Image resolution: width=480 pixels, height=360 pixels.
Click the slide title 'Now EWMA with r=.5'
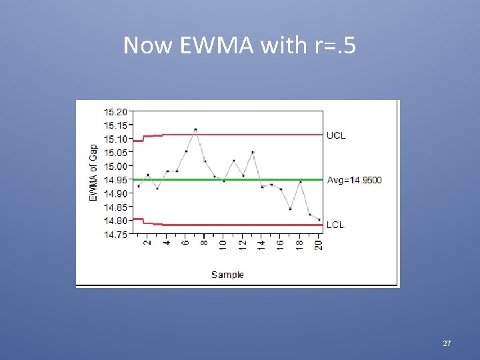pyautogui.click(x=240, y=45)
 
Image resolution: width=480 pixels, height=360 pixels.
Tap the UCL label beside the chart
pyautogui.click(x=336, y=135)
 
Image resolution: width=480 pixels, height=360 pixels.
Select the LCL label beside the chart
pyautogui.click(x=335, y=225)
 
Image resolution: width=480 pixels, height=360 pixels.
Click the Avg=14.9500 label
pyautogui.click(x=355, y=180)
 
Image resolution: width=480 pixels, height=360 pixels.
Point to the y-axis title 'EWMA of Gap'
pyautogui.click(x=93, y=172)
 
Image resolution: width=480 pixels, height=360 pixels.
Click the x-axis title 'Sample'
pyautogui.click(x=227, y=274)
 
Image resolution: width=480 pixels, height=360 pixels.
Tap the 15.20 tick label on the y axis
pyautogui.click(x=115, y=112)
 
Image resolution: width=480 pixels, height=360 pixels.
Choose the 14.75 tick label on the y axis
pyautogui.click(x=115, y=234)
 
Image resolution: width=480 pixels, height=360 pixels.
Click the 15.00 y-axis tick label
pyautogui.click(x=115, y=166)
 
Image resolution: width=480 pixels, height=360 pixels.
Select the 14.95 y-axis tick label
pyautogui.click(x=115, y=180)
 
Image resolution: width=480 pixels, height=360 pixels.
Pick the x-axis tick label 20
pyautogui.click(x=319, y=245)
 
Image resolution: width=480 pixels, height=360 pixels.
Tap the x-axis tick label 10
pyautogui.click(x=224, y=245)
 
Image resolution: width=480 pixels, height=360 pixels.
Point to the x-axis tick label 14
pyautogui.click(x=262, y=245)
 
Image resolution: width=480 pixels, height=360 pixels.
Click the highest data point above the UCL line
pyautogui.click(x=195, y=129)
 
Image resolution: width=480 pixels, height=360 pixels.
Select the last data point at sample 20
pyautogui.click(x=319, y=219)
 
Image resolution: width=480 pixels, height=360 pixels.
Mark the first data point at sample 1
pyautogui.click(x=139, y=186)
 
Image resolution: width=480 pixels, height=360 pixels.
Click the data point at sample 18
pyautogui.click(x=300, y=182)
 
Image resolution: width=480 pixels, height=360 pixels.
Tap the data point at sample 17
pyautogui.click(x=291, y=209)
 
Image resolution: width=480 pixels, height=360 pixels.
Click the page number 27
pyautogui.click(x=447, y=343)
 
